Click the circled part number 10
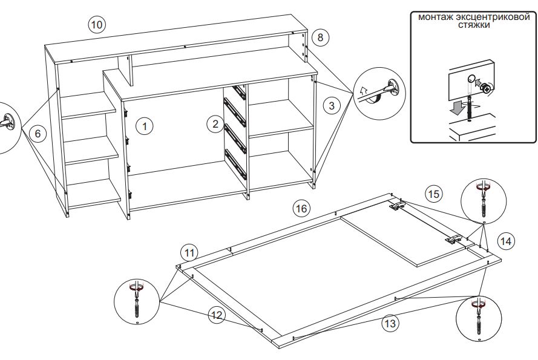coord(97,25)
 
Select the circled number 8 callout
coord(320,37)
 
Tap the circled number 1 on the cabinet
coord(145,126)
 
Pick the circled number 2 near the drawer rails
coord(215,124)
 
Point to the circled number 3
coord(332,105)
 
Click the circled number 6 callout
coord(38,133)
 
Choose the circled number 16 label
coord(301,208)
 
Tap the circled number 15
coord(434,194)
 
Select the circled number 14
coord(506,241)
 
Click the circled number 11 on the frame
coord(189,254)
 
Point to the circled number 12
coord(217,315)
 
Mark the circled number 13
coord(390,323)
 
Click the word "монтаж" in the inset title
coord(436,17)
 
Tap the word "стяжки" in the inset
coord(474,25)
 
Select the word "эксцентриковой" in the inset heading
coord(494,17)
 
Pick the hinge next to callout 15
coord(398,206)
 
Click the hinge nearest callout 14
coord(454,239)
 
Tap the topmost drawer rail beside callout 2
coord(239,92)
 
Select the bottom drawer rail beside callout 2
coord(235,164)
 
